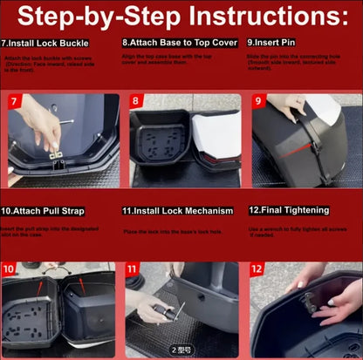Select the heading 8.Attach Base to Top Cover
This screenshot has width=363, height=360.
tap(172, 41)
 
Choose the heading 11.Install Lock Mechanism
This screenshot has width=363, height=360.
tap(178, 211)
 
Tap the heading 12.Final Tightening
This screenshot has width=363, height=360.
tap(288, 210)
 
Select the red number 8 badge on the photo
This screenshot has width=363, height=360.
tap(136, 102)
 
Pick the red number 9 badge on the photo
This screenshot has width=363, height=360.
tap(258, 102)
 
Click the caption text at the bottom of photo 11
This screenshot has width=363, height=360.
tap(181, 349)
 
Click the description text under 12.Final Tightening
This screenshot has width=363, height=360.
tap(301, 230)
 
